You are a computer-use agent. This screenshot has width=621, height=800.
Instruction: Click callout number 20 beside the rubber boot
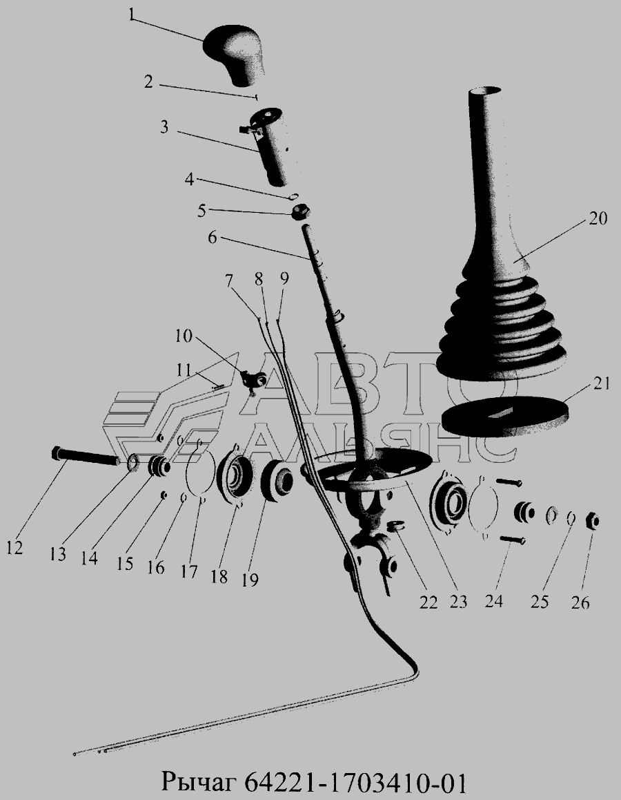pyautogui.click(x=597, y=218)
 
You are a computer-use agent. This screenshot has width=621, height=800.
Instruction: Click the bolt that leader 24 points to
pyautogui.click(x=513, y=539)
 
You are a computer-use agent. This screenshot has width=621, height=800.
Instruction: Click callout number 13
pyautogui.click(x=59, y=553)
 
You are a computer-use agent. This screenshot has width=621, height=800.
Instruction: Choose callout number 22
pyautogui.click(x=428, y=602)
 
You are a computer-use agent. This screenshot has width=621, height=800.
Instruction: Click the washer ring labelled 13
pyautogui.click(x=132, y=464)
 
